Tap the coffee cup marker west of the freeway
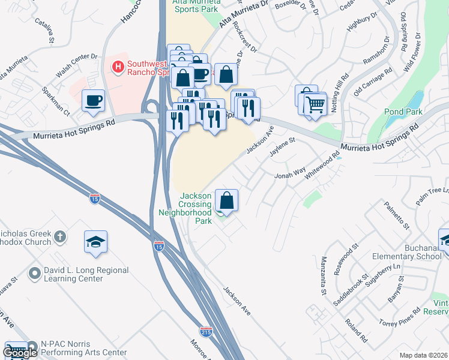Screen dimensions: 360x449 tap(93, 101)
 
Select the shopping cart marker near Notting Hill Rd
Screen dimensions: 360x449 tap(315, 105)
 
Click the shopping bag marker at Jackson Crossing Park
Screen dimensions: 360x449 tap(226, 199)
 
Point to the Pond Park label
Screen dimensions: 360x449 tap(403, 112)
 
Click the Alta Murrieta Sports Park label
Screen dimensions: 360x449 tap(187, 7)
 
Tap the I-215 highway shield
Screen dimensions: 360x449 tap(206, 331)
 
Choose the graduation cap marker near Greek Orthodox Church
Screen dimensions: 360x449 tap(95, 242)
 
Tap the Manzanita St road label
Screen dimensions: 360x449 tap(323, 283)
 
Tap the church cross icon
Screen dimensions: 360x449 tap(59, 236)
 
